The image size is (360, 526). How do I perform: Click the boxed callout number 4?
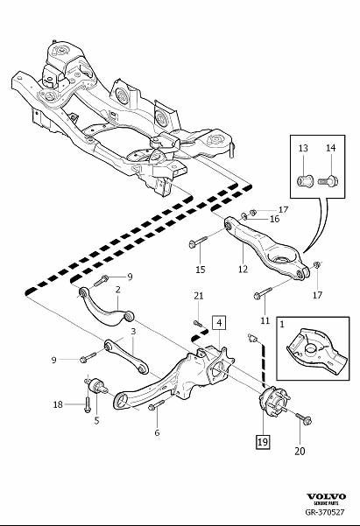(x=219, y=323)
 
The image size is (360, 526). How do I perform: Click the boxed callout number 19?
(x=263, y=441)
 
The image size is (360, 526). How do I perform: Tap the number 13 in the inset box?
(x=303, y=148)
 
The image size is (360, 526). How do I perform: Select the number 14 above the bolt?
(x=331, y=148)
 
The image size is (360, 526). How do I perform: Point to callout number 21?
(x=199, y=296)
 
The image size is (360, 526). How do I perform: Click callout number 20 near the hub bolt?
(x=300, y=452)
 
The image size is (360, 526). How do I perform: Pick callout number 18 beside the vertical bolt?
(x=58, y=404)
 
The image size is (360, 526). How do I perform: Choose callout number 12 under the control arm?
(x=243, y=269)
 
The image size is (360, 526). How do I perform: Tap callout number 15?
(x=201, y=270)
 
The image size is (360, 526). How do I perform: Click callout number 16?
(x=274, y=219)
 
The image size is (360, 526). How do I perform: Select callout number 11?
(x=265, y=320)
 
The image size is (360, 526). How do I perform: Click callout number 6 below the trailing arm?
(x=157, y=432)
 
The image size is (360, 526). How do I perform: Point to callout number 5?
(x=96, y=421)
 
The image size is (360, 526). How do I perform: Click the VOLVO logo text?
(x=326, y=496)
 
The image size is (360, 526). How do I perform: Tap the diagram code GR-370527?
(x=325, y=512)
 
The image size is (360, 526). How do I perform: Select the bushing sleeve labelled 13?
(x=305, y=181)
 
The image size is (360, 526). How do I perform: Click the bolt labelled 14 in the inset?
(x=328, y=181)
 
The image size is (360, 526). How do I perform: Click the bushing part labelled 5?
(x=96, y=387)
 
